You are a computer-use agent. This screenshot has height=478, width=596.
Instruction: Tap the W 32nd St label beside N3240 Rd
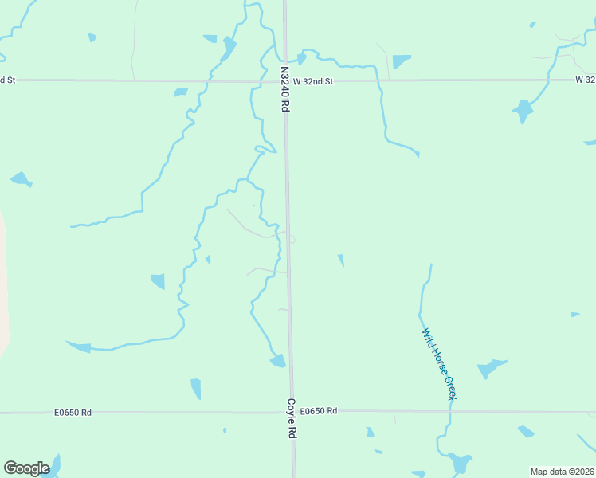[x=312, y=81]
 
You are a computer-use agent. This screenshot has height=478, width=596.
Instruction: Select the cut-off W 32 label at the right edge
[x=586, y=80]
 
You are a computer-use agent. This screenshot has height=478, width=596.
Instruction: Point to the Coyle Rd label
[x=292, y=419]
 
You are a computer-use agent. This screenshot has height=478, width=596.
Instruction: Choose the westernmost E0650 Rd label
[x=73, y=413]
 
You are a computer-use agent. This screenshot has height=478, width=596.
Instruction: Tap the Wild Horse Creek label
[x=439, y=365]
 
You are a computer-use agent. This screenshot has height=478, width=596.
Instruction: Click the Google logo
[x=26, y=468]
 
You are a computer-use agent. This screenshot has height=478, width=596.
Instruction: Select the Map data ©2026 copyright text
[x=561, y=472]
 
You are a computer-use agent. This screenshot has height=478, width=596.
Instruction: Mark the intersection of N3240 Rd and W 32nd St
[x=285, y=80]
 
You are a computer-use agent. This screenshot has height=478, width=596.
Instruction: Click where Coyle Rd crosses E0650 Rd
[x=292, y=412]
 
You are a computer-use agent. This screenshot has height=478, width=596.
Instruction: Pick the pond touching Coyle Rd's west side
[x=277, y=362]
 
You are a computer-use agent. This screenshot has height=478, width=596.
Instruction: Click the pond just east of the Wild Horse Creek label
[x=490, y=368]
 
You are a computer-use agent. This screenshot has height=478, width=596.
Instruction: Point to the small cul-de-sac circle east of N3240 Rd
[x=292, y=239]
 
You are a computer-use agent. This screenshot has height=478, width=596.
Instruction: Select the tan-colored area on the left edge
[x=3, y=279]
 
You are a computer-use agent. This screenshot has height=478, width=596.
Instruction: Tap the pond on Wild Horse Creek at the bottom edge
[x=459, y=464]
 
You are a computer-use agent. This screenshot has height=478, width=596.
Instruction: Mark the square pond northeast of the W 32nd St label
[x=401, y=61]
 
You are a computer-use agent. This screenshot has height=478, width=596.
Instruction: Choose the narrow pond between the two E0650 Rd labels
[x=196, y=389]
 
